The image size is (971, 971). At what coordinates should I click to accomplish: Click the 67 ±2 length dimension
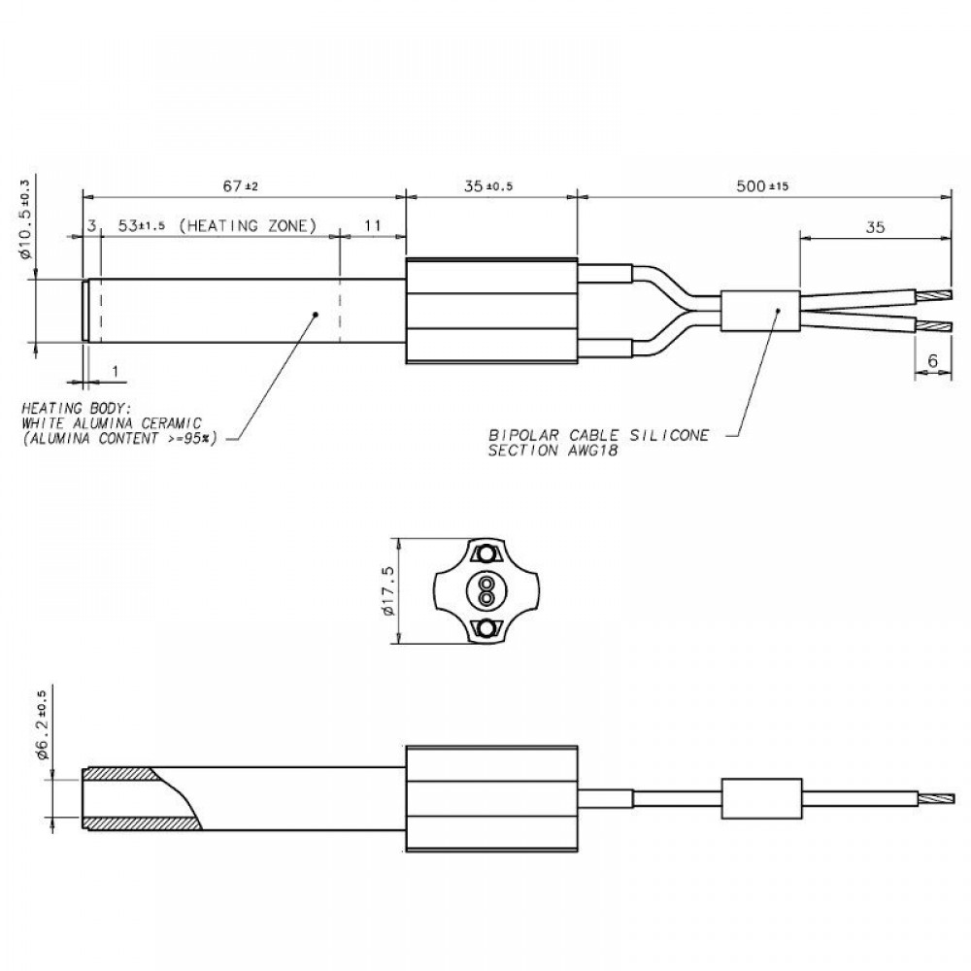click(x=238, y=185)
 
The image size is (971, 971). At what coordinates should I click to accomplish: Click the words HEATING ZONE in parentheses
click(x=250, y=226)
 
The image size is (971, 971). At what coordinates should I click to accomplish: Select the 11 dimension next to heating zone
click(x=372, y=226)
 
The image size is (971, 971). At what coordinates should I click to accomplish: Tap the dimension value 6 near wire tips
click(x=932, y=359)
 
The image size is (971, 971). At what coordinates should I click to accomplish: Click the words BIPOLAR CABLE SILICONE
click(x=599, y=435)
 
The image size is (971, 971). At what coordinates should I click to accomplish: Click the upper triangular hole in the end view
click(x=483, y=554)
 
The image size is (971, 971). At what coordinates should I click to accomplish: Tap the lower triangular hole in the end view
click(x=483, y=630)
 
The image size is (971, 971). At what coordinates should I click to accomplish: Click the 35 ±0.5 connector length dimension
click(x=489, y=185)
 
